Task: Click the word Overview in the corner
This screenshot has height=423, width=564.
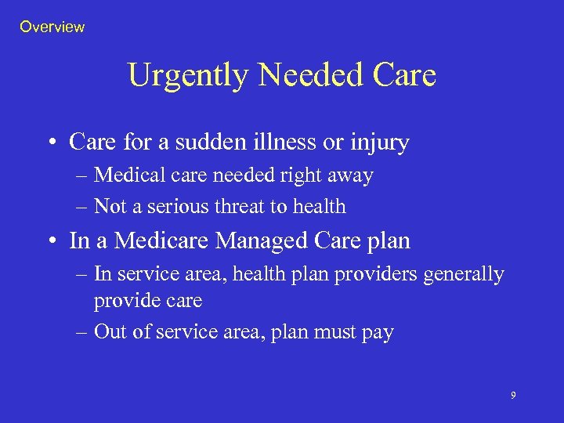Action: pos(52,27)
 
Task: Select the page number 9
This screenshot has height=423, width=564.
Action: pos(513,396)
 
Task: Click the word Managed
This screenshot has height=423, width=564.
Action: pos(250,241)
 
